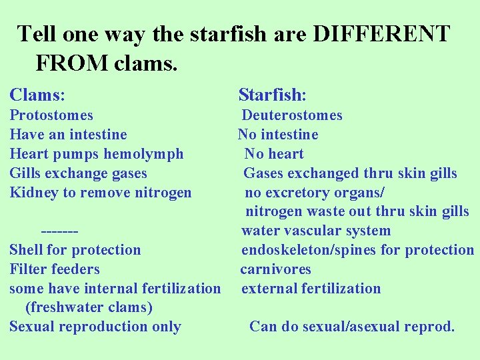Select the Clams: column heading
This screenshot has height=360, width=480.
tap(41, 95)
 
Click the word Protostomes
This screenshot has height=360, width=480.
tap(51, 115)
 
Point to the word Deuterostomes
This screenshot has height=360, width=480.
tap(292, 115)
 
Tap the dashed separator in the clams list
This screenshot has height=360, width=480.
tap(60, 231)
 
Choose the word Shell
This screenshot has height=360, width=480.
tap(26, 250)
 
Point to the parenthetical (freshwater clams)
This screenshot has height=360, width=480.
tap(89, 307)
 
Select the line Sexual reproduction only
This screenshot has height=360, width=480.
tap(95, 327)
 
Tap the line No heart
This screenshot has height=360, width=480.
tap(274, 154)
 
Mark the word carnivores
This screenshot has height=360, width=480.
tap(276, 269)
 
